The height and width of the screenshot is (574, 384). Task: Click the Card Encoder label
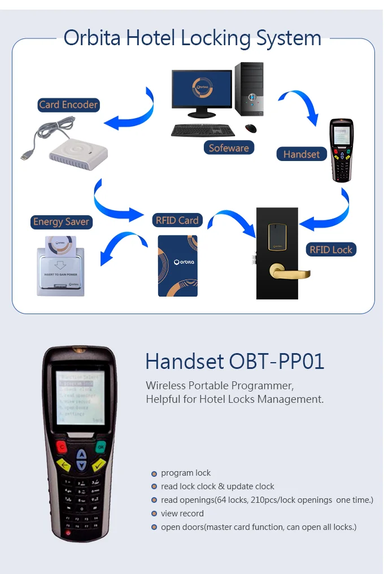tap(68, 105)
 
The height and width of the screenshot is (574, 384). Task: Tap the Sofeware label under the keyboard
tap(229, 148)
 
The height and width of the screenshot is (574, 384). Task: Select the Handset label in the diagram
tap(302, 154)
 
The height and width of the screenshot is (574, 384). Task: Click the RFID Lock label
tap(331, 250)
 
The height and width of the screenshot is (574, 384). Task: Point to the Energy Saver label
tap(61, 221)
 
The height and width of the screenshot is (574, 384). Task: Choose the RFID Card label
tap(177, 220)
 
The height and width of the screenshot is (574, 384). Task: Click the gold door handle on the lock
tap(289, 273)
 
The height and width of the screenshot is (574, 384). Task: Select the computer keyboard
tap(203, 130)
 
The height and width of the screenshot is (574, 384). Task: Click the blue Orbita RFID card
tap(177, 266)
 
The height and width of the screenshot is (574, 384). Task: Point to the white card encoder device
tap(79, 155)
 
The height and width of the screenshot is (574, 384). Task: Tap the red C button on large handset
tap(61, 447)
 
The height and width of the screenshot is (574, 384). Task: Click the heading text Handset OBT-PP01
tap(235, 362)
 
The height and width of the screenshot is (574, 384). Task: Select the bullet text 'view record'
tap(182, 514)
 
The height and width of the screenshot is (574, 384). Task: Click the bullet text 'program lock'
tap(186, 473)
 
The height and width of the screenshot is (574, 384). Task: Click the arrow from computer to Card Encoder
tap(133, 113)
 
